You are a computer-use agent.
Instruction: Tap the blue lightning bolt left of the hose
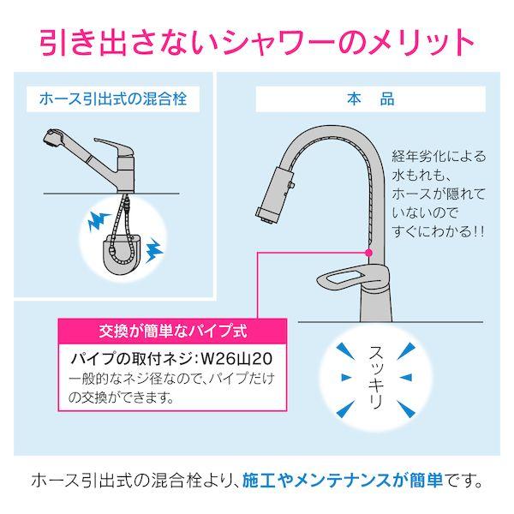[x=93, y=224]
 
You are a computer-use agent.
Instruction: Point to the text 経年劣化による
[x=439, y=156]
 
